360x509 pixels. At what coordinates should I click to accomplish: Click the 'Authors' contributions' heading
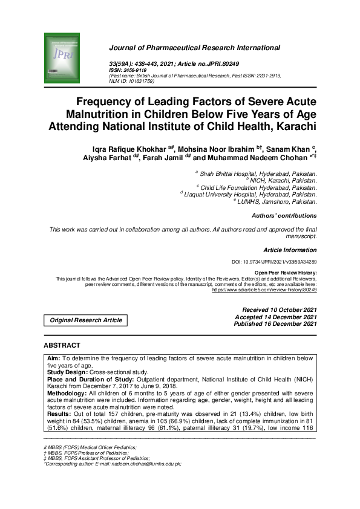click(283, 215)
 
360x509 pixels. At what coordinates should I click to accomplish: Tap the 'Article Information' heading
click(290, 250)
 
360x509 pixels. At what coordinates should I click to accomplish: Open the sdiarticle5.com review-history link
click(264, 290)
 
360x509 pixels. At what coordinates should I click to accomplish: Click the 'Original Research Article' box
click(85, 320)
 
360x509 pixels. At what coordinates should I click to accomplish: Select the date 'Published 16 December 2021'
click(275, 324)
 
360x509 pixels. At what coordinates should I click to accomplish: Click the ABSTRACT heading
click(62, 345)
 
